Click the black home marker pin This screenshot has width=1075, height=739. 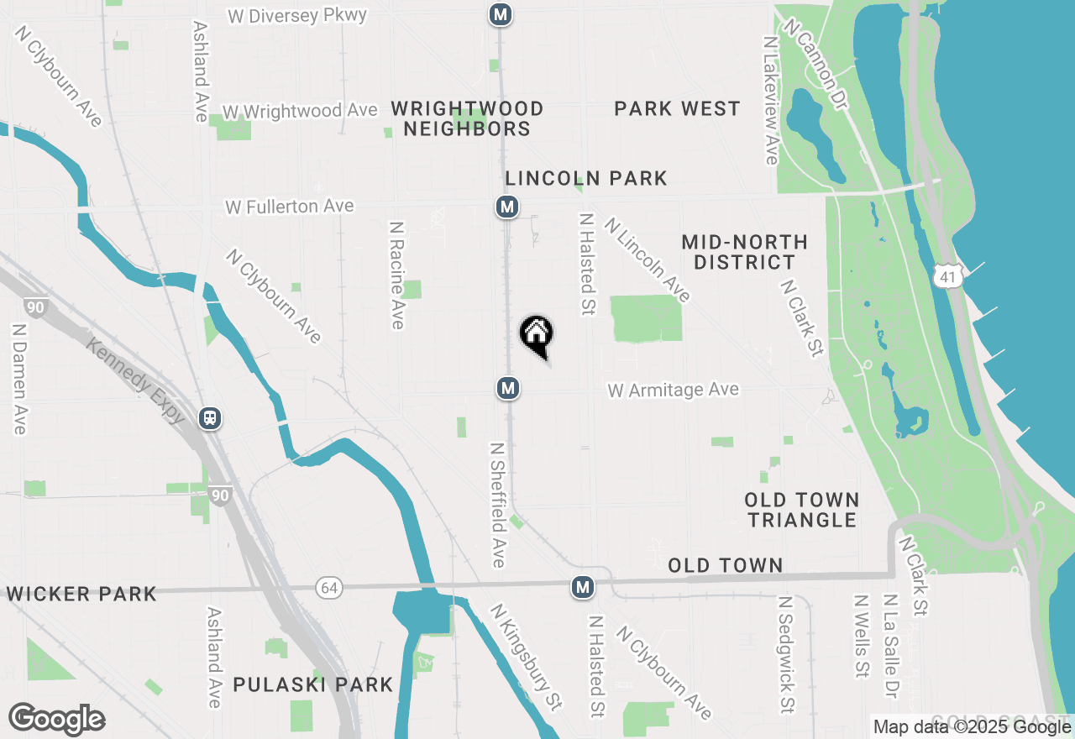[x=536, y=334]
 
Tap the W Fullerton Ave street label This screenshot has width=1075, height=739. [x=289, y=207]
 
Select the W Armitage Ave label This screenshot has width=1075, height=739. [x=674, y=390]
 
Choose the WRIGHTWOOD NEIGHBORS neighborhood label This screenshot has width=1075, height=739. [x=467, y=118]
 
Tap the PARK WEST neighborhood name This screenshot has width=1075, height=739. [x=677, y=108]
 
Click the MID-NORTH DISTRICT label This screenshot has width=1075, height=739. [x=744, y=252]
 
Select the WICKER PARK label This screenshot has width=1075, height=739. [x=81, y=594]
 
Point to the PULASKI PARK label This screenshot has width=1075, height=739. [x=313, y=684]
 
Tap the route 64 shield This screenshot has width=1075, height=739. [x=328, y=588]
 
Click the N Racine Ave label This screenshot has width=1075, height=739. [x=396, y=275]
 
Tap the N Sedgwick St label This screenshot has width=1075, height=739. [x=786, y=654]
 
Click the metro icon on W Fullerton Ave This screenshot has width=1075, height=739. [x=506, y=207]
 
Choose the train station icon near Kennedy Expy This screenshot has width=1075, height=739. [x=210, y=417]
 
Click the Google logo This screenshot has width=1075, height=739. [x=56, y=720]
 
